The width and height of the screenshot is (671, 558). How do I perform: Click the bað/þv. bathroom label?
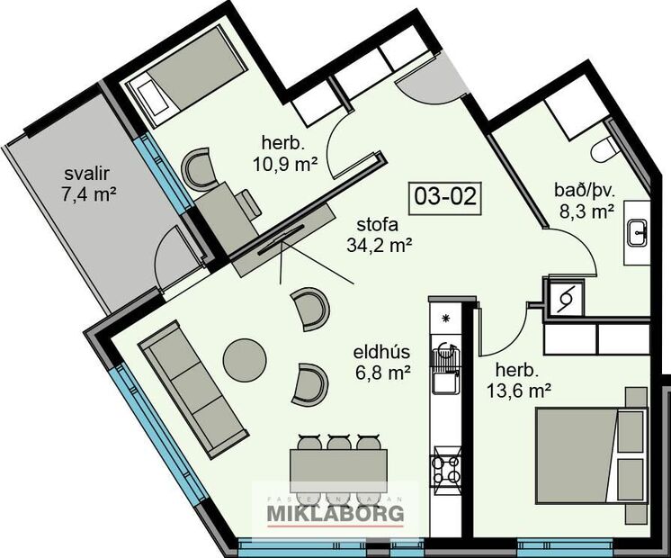tap(584, 191)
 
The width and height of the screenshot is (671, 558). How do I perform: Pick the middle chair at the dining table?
tap(338, 443)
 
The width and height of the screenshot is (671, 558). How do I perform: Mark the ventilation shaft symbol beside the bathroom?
tap(564, 297)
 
